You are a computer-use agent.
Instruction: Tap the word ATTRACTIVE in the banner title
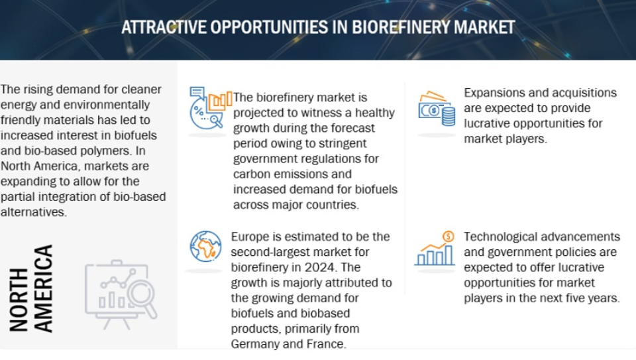164,28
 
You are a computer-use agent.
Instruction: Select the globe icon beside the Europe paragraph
205,247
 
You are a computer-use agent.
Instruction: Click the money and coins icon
437,108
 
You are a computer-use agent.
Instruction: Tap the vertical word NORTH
19,300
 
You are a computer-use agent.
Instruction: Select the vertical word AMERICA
43,288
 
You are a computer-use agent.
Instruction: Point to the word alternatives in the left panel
33,212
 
